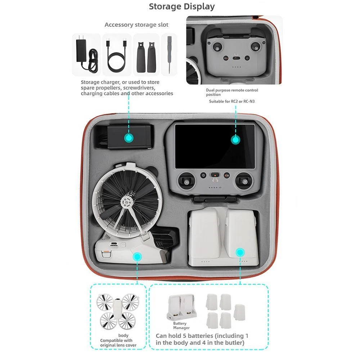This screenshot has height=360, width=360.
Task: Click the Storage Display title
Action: (181, 6)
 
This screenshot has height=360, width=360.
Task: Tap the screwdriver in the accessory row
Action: (169, 54)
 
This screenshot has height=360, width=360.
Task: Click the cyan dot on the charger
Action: (129, 138)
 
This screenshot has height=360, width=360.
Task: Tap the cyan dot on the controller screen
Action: (235, 140)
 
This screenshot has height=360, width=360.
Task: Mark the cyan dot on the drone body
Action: (137, 257)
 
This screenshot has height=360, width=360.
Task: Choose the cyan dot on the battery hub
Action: (240, 252)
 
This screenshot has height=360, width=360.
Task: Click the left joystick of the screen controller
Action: (186, 182)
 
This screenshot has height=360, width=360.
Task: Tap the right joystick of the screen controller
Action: (245, 182)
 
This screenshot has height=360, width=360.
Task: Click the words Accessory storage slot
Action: (136, 25)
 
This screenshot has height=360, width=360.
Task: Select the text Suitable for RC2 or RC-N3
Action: (231, 101)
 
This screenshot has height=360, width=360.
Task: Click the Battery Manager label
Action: (181, 325)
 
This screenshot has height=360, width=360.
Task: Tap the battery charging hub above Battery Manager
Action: (182, 307)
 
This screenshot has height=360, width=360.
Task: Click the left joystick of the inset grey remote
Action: (217, 47)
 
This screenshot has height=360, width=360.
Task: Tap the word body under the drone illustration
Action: (123, 336)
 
